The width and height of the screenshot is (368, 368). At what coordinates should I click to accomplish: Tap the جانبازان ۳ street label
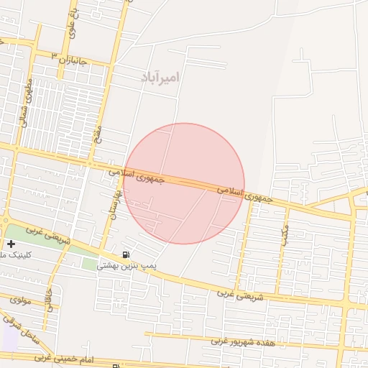pyautogui.click(x=69, y=58)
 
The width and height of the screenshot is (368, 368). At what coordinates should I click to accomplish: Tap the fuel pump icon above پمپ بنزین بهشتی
pyautogui.click(x=126, y=254)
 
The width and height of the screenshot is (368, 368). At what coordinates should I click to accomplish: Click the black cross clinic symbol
pyautogui.click(x=11, y=244)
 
